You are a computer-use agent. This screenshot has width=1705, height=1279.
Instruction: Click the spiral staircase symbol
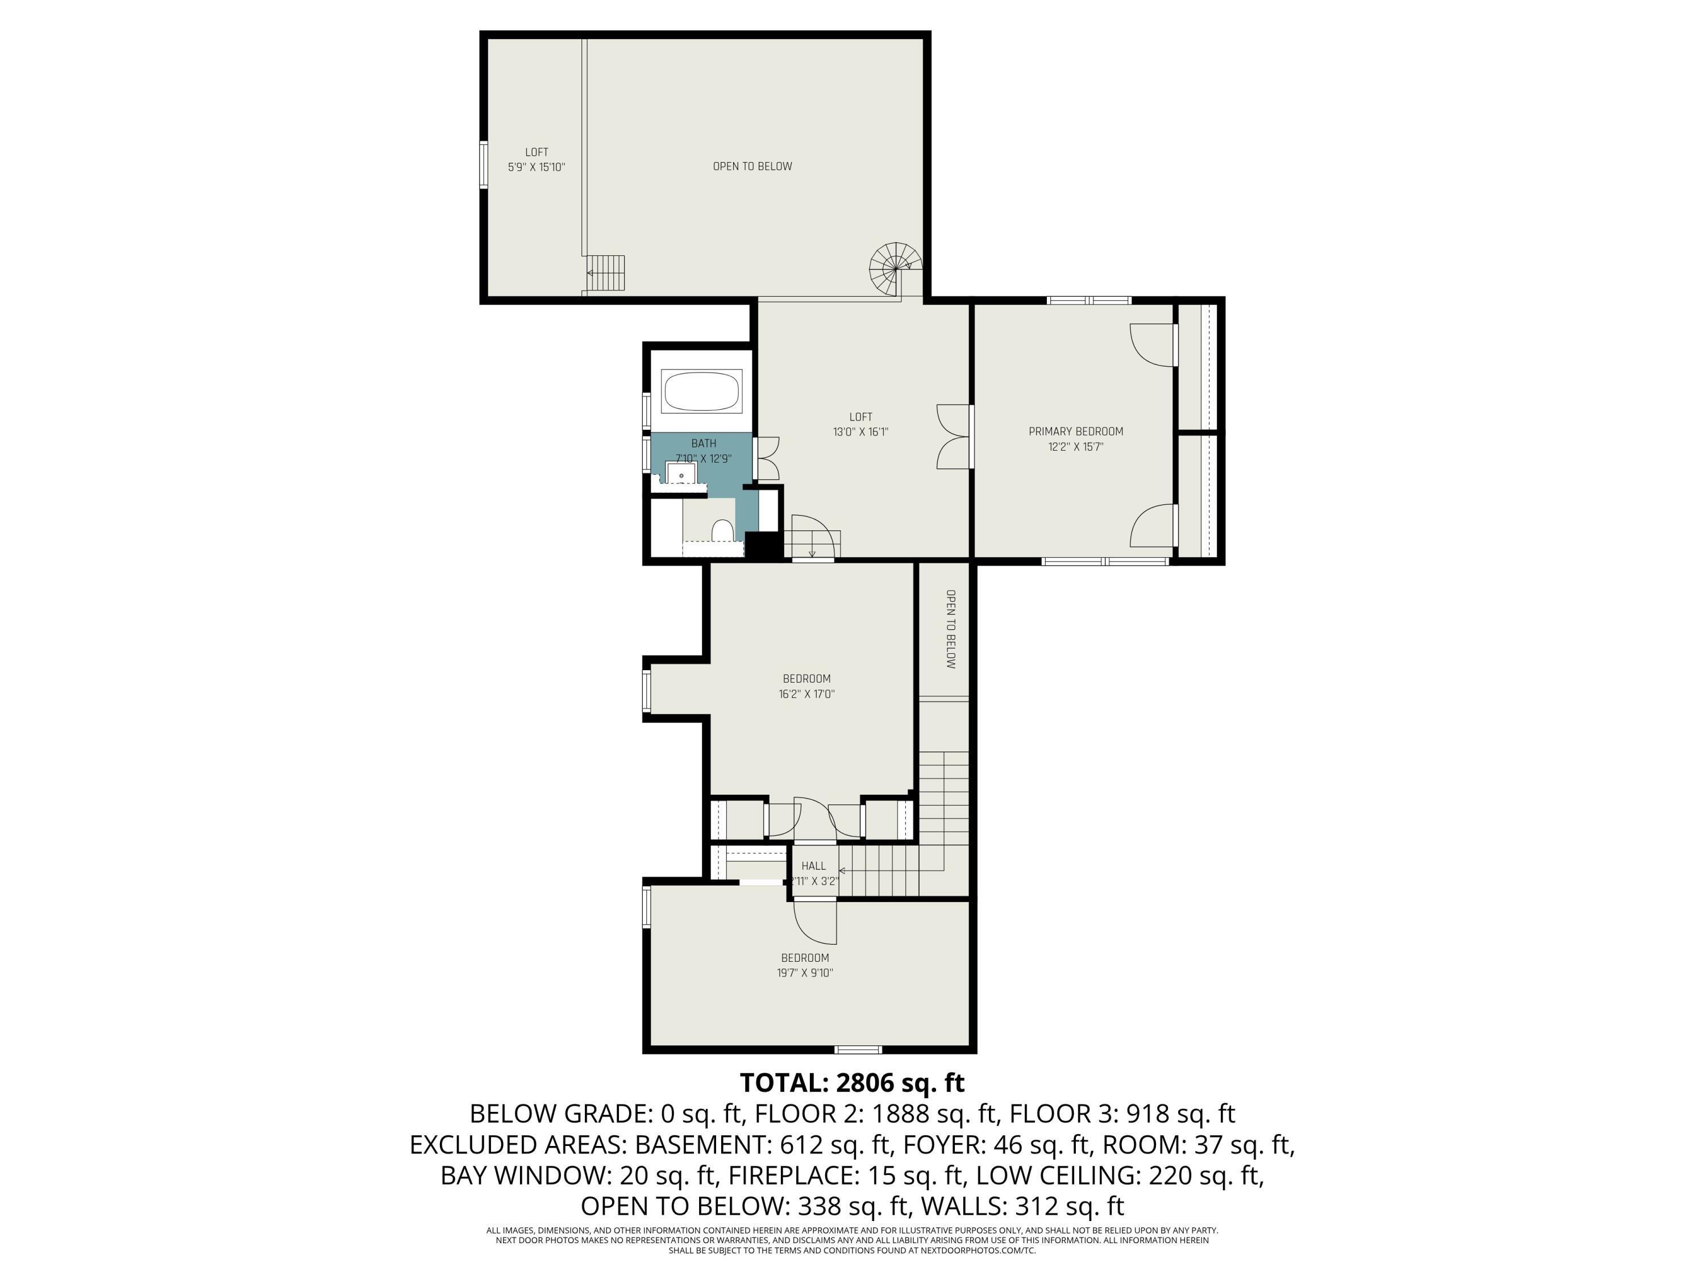896,268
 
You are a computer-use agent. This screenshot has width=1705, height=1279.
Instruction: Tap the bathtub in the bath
701,392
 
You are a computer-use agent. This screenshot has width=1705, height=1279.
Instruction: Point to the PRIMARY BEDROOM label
1075,431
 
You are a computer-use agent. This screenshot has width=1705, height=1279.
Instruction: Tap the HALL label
813,866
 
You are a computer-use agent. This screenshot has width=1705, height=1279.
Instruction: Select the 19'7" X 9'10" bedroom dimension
805,973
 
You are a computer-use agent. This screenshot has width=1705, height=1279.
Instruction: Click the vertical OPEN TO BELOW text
950,629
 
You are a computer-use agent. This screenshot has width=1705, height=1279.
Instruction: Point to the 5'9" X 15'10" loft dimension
537,167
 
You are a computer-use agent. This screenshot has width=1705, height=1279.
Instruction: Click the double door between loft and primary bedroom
954,437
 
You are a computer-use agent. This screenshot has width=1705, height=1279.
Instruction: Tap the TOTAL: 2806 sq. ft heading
852,1082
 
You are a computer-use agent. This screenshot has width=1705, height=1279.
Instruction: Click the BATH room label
703,443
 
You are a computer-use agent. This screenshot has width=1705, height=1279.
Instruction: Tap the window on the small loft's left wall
483,165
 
